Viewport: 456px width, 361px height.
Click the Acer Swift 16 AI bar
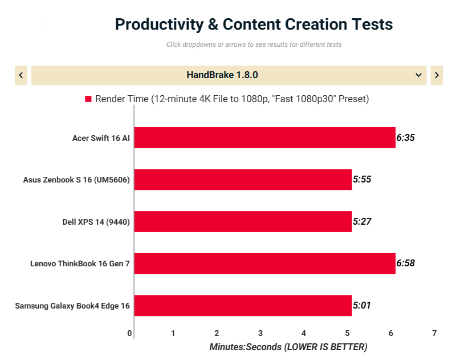(265, 137)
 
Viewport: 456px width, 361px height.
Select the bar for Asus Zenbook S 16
(243, 180)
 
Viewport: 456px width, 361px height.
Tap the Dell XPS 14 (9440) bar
(243, 221)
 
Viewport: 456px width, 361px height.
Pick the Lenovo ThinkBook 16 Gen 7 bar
(265, 263)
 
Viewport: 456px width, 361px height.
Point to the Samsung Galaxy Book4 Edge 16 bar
(243, 306)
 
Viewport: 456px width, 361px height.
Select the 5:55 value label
(363, 180)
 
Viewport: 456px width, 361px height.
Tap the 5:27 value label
(363, 221)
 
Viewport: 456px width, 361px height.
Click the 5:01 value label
(363, 306)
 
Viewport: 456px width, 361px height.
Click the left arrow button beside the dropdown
(21, 75)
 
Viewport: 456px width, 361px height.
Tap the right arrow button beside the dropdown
(437, 75)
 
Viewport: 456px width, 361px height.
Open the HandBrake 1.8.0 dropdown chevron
(419, 75)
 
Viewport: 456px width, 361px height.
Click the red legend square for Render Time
(88, 99)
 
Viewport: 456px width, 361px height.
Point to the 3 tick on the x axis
(260, 333)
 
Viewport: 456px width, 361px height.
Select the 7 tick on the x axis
(434, 333)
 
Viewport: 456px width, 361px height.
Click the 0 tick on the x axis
(130, 333)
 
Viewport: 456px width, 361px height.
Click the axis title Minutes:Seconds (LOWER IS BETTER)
(288, 347)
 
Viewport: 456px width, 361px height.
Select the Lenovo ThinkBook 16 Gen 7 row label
(80, 263)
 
